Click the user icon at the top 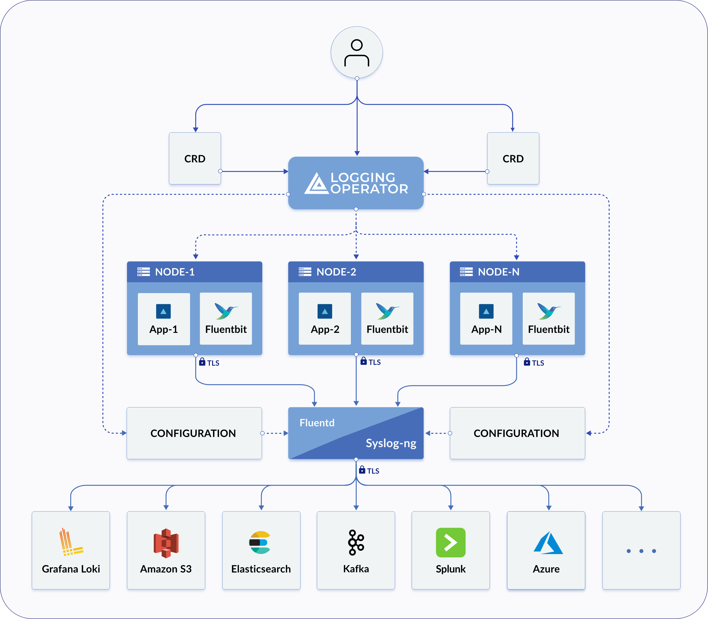point(356,53)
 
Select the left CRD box point(195,158)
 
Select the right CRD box point(513,158)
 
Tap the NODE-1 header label point(175,272)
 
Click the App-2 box point(325,319)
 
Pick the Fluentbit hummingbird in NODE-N point(548,311)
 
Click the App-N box point(486,319)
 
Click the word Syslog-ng point(391,443)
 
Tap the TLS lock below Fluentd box point(362,470)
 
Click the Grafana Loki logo point(71,542)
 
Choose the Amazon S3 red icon point(166,543)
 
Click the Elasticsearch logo point(260,542)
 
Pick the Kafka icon point(356,542)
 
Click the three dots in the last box point(641,551)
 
